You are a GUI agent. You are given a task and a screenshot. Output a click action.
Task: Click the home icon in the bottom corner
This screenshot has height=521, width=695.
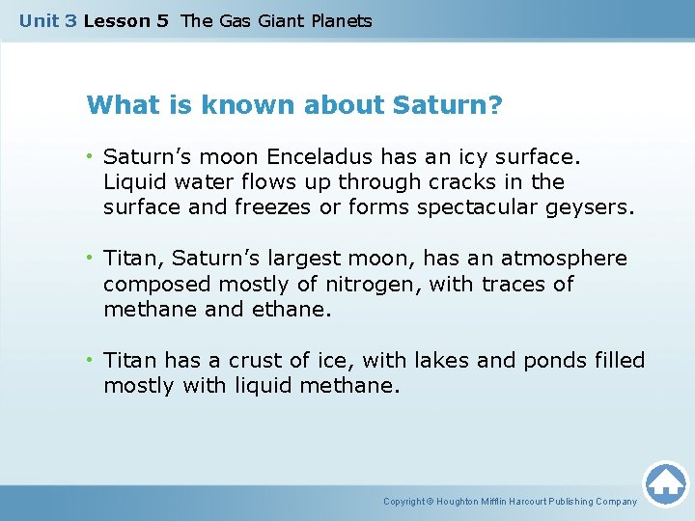coord(665,481)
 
